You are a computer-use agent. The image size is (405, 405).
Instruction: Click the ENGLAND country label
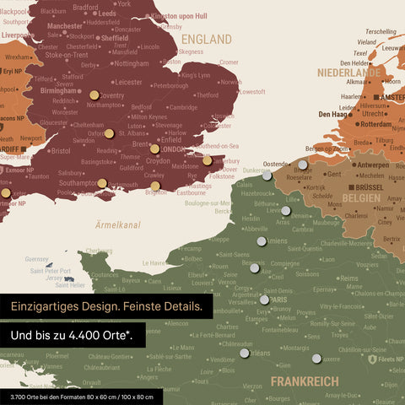(207, 40)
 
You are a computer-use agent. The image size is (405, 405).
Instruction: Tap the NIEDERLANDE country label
(350, 73)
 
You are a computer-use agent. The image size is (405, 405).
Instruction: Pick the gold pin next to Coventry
(94, 95)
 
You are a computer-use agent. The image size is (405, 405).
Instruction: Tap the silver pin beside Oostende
(267, 175)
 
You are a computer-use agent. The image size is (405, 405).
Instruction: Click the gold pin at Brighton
(155, 186)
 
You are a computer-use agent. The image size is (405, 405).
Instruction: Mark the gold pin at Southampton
(102, 183)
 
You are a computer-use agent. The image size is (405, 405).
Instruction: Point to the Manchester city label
(65, 26)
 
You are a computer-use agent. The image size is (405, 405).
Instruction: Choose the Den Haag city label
(335, 114)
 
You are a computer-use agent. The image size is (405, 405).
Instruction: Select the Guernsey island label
(38, 259)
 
